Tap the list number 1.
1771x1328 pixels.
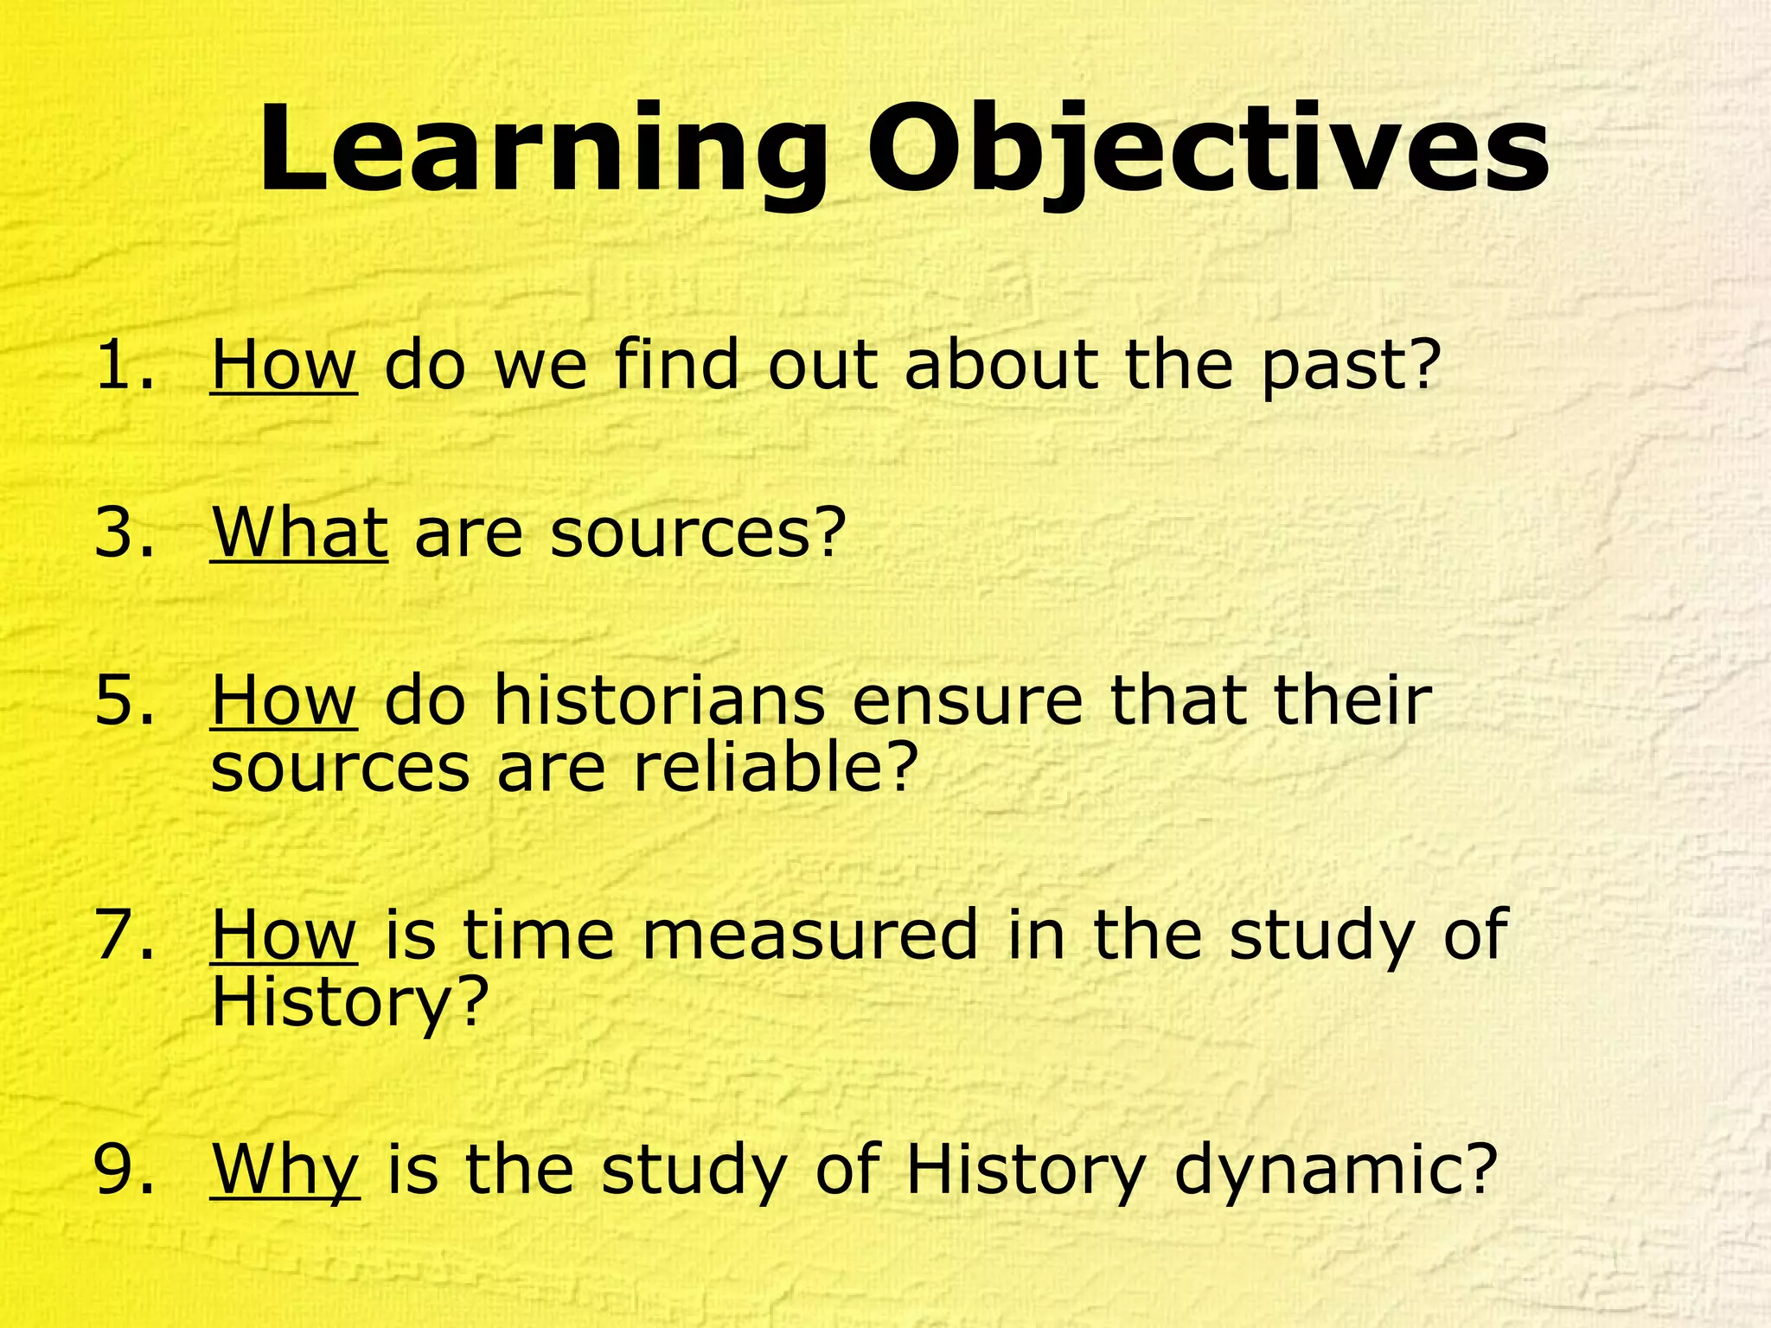pyautogui.click(x=126, y=364)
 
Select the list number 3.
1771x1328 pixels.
pyautogui.click(x=126, y=532)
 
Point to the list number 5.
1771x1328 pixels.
pyautogui.click(x=126, y=699)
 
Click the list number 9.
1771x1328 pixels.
pyautogui.click(x=126, y=1169)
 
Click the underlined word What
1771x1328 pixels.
pyautogui.click(x=299, y=532)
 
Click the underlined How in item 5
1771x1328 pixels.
pyautogui.click(x=284, y=699)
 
